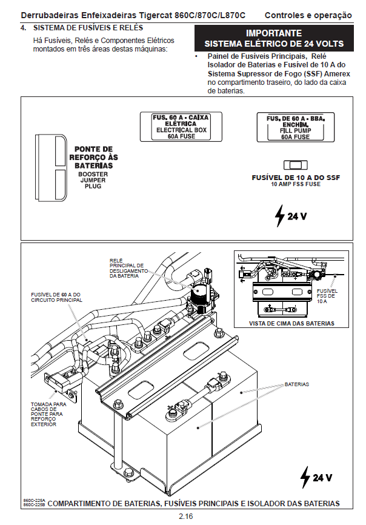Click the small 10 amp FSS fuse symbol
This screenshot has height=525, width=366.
pos(294,165)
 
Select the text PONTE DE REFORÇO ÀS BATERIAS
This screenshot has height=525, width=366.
pos(93,157)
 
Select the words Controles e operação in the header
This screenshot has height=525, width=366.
pos(308,15)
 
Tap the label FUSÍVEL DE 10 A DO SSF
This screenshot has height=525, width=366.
pos(295,178)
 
